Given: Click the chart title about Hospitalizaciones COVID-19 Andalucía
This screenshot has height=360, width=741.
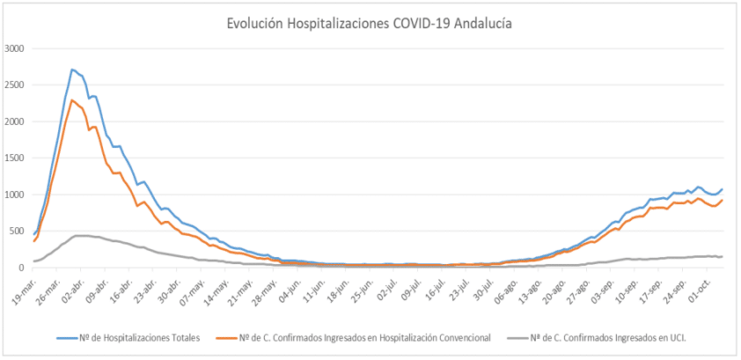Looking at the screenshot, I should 370,25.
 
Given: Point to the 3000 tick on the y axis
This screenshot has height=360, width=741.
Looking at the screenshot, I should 16,48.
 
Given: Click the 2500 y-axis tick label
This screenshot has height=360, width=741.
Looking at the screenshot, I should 16,84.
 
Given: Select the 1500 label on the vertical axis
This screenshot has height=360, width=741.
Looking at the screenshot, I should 16,158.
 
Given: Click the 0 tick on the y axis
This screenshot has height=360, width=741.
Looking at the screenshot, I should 24,268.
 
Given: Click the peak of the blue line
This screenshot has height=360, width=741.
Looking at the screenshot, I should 72,70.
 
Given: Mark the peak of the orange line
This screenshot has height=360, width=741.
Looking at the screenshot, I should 72,100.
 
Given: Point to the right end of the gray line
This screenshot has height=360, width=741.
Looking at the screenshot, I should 722,256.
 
